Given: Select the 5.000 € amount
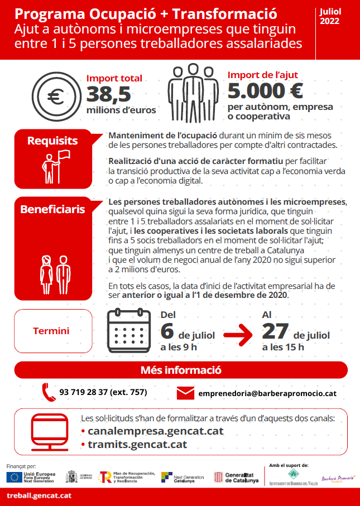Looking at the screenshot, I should (265, 90).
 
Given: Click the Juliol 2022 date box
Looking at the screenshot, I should (330, 17).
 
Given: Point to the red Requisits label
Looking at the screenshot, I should (52, 141).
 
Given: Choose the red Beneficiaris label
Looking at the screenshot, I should (52, 210).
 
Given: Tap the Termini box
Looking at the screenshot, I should (51, 331).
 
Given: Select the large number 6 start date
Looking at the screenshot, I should (167, 331).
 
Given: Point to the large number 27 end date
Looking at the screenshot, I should (275, 331).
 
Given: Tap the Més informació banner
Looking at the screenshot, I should (181, 370).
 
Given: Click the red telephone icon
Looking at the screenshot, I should (49, 392).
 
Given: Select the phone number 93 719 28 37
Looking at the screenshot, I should (103, 392).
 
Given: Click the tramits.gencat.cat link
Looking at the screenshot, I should (137, 444).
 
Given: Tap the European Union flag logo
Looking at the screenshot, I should (15, 477).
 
